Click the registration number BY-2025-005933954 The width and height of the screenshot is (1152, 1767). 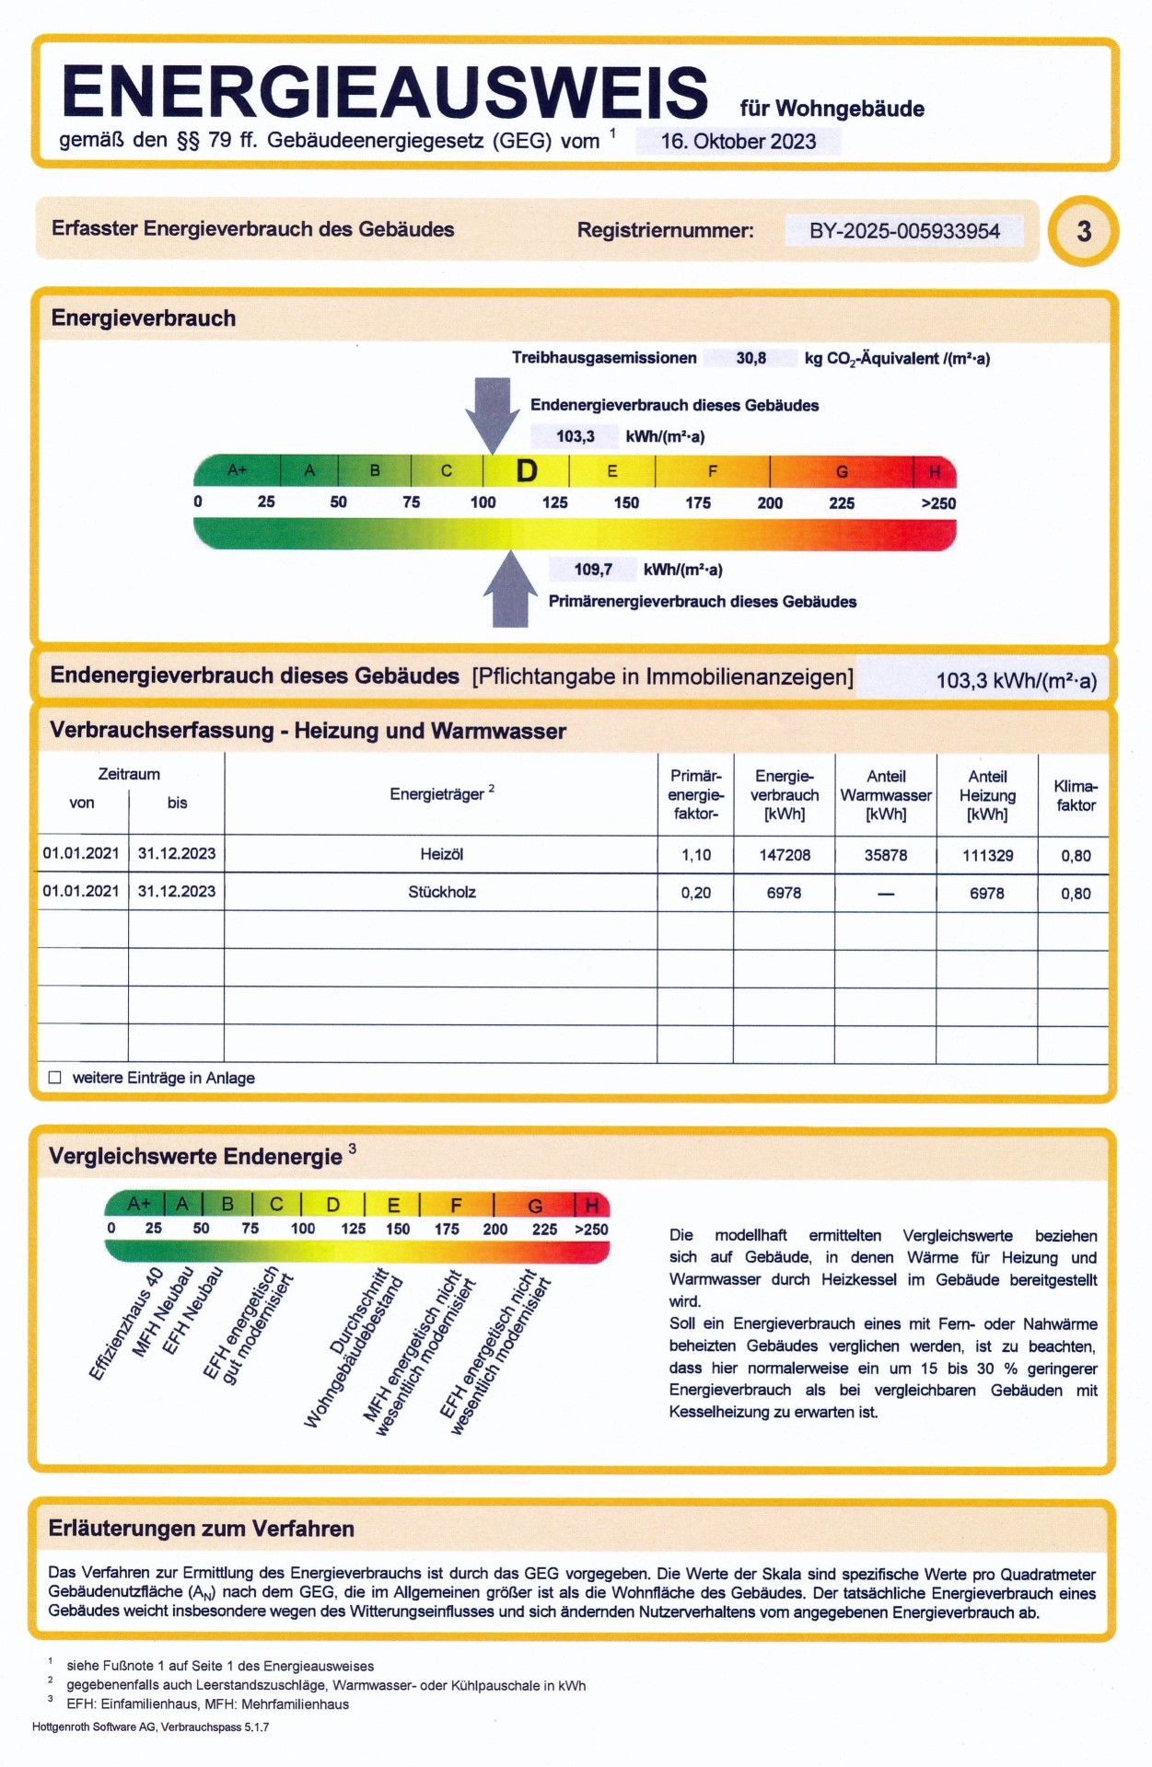(x=903, y=231)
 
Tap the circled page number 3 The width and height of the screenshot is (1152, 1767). (x=1083, y=230)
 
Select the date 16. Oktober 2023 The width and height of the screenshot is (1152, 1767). (x=738, y=142)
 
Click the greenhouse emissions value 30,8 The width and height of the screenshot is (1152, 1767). (x=751, y=358)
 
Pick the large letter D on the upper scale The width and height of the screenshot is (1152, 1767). (x=526, y=471)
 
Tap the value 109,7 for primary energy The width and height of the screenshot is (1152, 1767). (x=592, y=570)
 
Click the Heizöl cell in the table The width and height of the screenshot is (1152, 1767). (x=441, y=855)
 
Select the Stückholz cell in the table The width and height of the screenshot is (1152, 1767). (x=441, y=893)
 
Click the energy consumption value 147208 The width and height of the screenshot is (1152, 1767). (x=785, y=855)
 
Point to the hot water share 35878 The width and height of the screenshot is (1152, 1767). (x=885, y=855)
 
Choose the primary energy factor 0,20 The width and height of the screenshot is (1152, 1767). (x=695, y=893)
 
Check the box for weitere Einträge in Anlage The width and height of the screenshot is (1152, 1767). (x=55, y=1078)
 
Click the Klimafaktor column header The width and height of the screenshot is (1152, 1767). (x=1075, y=795)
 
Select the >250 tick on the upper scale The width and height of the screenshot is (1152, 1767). (x=938, y=503)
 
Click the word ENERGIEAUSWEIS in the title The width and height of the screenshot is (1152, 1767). (x=384, y=92)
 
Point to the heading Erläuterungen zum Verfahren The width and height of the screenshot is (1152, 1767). (x=201, y=1529)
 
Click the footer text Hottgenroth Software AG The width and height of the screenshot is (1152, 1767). (x=150, y=1727)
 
